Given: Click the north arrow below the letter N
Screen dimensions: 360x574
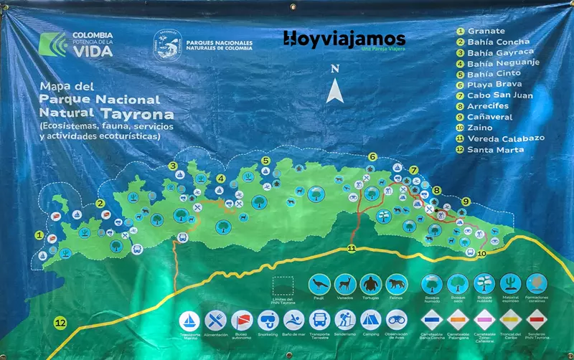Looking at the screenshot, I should [x=334, y=91].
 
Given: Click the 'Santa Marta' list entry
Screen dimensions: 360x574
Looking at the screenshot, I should [x=495, y=149].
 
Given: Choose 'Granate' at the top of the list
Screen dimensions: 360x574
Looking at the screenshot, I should [x=486, y=31].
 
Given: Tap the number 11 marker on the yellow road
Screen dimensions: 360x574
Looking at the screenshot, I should [x=352, y=249].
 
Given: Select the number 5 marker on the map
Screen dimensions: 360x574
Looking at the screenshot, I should [x=265, y=161].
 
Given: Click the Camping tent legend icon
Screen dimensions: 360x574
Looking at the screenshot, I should [x=370, y=319].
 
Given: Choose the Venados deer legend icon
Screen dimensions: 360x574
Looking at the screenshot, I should [x=345, y=284].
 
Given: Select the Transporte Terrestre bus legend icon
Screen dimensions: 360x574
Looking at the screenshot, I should [x=319, y=319].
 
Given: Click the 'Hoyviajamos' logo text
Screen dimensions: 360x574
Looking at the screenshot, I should [x=344, y=39].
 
